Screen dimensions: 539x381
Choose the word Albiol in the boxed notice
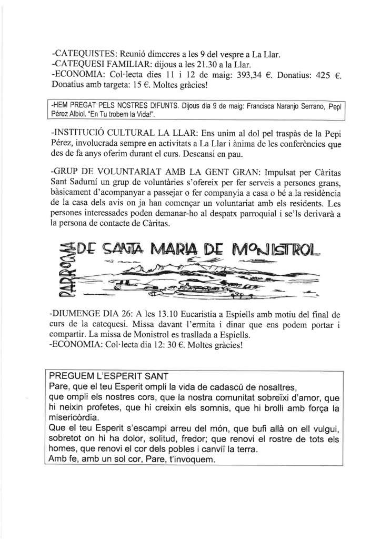pyautogui.click(x=80, y=114)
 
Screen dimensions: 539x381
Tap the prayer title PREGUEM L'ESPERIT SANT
pyautogui.click(x=108, y=376)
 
